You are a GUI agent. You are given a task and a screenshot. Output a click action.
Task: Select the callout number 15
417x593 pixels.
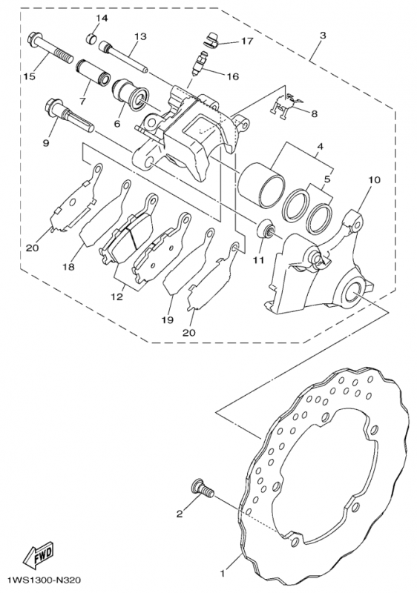pos(29,76)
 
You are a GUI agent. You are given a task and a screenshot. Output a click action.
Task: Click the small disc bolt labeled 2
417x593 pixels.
pos(200,488)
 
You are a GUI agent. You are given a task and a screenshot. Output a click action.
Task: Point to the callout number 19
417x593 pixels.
pos(168,319)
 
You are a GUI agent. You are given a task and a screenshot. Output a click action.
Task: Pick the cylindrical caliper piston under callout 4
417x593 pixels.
pos(260,182)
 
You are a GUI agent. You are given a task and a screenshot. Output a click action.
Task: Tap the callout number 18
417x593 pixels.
pos(70,265)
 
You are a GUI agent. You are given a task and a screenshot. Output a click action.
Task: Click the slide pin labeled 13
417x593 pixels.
pos(122,60)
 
